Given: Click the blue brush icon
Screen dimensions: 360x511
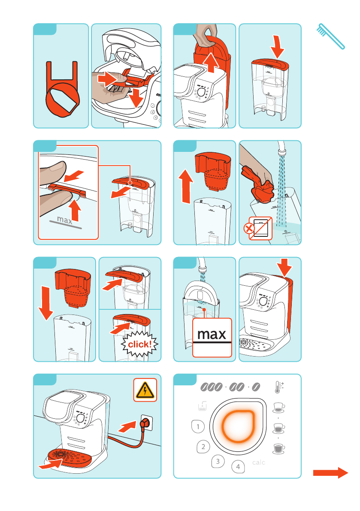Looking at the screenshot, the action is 330,36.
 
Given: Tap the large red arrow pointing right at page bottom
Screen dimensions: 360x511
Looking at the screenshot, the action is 330,472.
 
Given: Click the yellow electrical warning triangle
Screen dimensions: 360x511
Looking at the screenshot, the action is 145,390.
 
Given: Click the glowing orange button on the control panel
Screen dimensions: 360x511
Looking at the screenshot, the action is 238,426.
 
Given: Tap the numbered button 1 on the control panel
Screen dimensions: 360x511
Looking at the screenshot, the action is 198,426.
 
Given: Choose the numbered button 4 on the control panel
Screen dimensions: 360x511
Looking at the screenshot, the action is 238,467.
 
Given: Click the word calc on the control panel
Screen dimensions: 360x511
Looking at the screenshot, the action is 259,463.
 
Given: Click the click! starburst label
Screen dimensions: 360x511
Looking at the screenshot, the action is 140,344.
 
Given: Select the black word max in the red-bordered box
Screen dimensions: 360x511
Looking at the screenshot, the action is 212,334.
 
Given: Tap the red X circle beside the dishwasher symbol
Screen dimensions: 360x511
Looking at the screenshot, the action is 249,228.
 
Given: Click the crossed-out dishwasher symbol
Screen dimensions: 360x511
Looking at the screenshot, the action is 260,228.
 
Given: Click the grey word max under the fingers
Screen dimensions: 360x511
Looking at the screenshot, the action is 64,220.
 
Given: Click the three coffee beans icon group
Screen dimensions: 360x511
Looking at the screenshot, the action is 211,387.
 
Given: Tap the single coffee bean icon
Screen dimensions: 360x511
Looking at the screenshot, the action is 256,387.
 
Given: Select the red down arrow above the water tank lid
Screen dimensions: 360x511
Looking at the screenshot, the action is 277,47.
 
